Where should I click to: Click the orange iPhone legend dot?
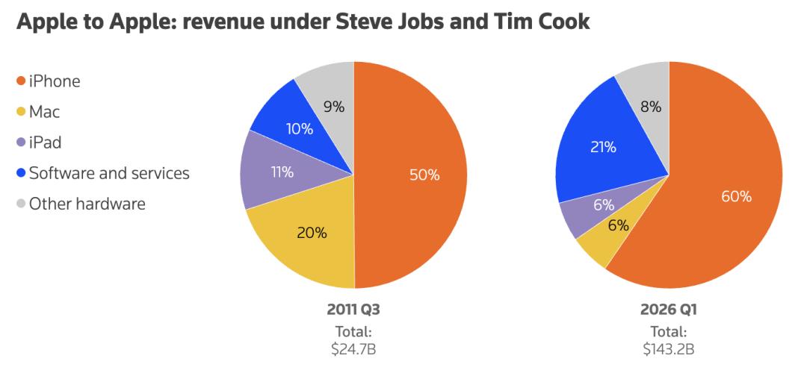click(x=22, y=82)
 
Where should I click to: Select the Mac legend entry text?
click(x=45, y=113)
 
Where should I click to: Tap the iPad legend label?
click(x=46, y=143)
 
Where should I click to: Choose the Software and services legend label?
click(x=109, y=173)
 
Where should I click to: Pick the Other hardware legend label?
click(x=87, y=204)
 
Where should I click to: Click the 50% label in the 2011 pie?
click(x=424, y=175)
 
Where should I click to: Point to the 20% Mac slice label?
click(x=312, y=233)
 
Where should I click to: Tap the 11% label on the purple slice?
click(x=281, y=172)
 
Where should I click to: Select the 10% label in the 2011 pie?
click(x=299, y=129)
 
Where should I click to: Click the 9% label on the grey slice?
click(x=333, y=107)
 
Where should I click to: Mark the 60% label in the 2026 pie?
click(x=737, y=197)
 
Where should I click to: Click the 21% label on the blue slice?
click(x=603, y=148)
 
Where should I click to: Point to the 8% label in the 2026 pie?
click(x=650, y=107)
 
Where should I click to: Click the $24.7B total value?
click(x=353, y=348)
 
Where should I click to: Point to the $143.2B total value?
click(x=669, y=348)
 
